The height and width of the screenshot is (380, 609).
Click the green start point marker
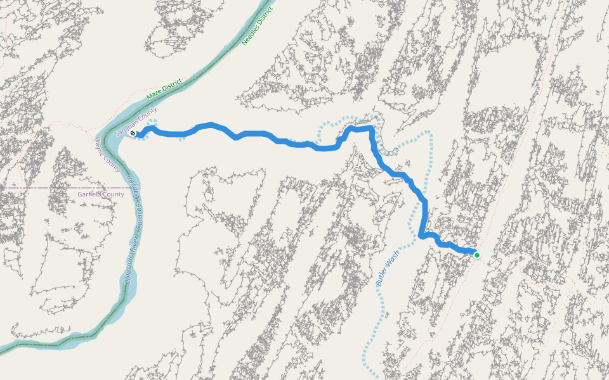click(476, 255)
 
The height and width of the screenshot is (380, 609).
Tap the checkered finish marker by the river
click(133, 134)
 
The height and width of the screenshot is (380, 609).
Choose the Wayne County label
click(107, 155)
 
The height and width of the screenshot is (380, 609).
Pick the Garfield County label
click(101, 194)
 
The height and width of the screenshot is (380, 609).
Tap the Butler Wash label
click(388, 269)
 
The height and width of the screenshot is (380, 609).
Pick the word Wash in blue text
click(393, 257)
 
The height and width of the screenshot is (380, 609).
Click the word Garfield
click(91, 194)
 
